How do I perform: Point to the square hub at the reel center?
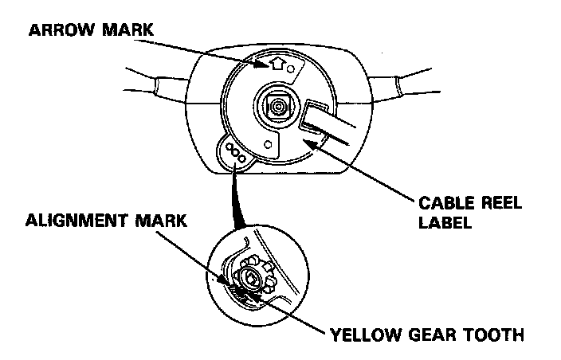(x=278, y=105)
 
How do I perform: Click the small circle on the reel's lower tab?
(x=269, y=145)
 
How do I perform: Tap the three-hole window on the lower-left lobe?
(x=235, y=153)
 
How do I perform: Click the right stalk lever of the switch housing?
(x=398, y=84)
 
